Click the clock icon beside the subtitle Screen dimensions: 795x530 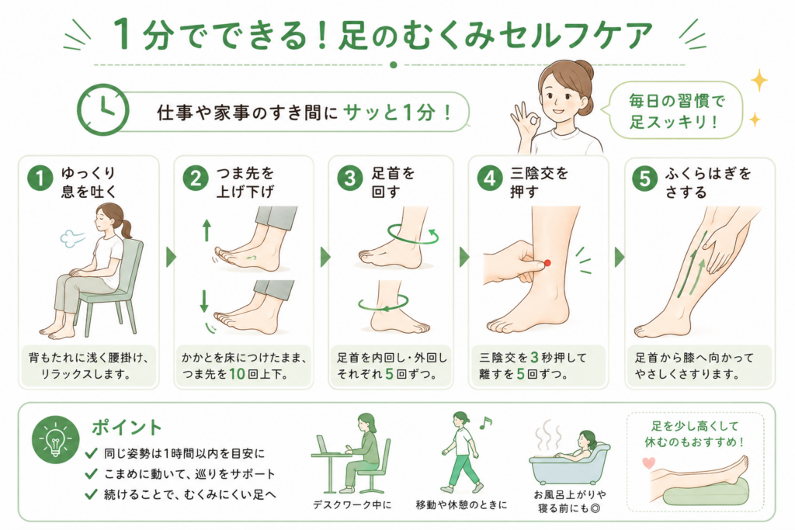pos(103,109)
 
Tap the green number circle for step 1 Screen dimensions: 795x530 pos(40,178)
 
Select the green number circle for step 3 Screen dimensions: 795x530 pos(350,178)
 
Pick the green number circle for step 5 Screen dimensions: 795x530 pos(644,178)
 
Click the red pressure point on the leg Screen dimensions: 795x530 pos(547,263)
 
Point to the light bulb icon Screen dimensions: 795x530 pos(55,439)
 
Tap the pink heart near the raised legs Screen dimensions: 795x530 pos(648,462)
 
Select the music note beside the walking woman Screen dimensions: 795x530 pos(485,422)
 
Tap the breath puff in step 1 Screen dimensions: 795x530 pos(72,237)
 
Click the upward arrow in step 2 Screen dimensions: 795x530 pos(207,230)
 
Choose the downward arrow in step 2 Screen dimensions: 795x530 pos(204,301)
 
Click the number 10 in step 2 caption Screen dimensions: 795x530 pos(237,374)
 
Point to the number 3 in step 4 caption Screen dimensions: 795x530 pos(534,357)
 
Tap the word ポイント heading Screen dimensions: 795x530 pos(127,427)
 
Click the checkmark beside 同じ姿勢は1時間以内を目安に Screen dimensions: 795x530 pos(92,452)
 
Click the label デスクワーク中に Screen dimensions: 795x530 pos(352,504)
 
